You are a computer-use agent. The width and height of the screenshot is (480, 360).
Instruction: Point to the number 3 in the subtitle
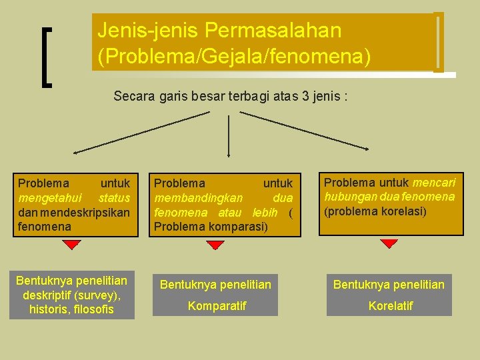305,97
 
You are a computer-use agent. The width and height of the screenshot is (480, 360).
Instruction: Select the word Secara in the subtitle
133,97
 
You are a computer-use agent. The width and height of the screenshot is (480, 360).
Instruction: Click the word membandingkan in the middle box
199,198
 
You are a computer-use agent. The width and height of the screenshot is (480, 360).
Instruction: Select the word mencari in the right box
434,183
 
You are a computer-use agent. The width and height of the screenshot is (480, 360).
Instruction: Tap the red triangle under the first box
72,245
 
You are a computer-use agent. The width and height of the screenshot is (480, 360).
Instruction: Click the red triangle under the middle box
215,245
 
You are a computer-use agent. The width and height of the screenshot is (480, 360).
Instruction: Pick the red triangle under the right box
389,244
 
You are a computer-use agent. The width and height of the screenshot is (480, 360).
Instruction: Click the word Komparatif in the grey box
217,305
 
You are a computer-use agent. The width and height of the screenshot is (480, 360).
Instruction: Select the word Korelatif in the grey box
391,305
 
